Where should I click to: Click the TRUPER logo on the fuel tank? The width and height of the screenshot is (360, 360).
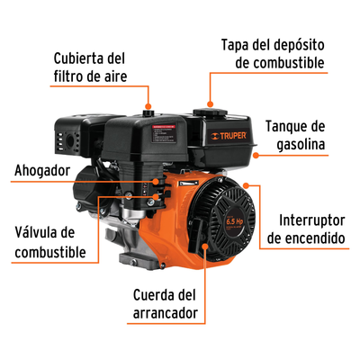[x=229, y=136]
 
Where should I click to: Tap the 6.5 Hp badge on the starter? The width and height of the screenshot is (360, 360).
[x=234, y=222]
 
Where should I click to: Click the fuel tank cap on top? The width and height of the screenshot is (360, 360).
[x=210, y=112]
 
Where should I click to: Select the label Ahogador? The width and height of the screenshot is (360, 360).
[x=42, y=170]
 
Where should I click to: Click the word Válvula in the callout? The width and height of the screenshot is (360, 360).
[x=37, y=232]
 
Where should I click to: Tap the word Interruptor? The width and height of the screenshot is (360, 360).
[x=311, y=220]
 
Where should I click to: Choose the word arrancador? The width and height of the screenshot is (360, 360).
[x=166, y=313]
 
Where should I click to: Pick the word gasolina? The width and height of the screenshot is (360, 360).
[x=301, y=145]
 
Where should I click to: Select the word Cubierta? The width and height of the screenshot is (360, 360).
[x=77, y=58]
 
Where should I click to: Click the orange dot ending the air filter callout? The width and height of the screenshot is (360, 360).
[x=148, y=106]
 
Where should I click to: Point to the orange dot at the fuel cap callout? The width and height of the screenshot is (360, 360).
[x=211, y=104]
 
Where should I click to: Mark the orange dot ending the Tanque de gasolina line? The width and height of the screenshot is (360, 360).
[x=256, y=155]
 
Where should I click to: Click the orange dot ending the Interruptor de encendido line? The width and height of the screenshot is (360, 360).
[x=246, y=185]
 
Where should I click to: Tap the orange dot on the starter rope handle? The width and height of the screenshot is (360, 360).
[x=205, y=246]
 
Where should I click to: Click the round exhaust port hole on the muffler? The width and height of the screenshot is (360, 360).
[x=71, y=139]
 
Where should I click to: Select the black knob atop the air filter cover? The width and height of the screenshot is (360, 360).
[x=148, y=112]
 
